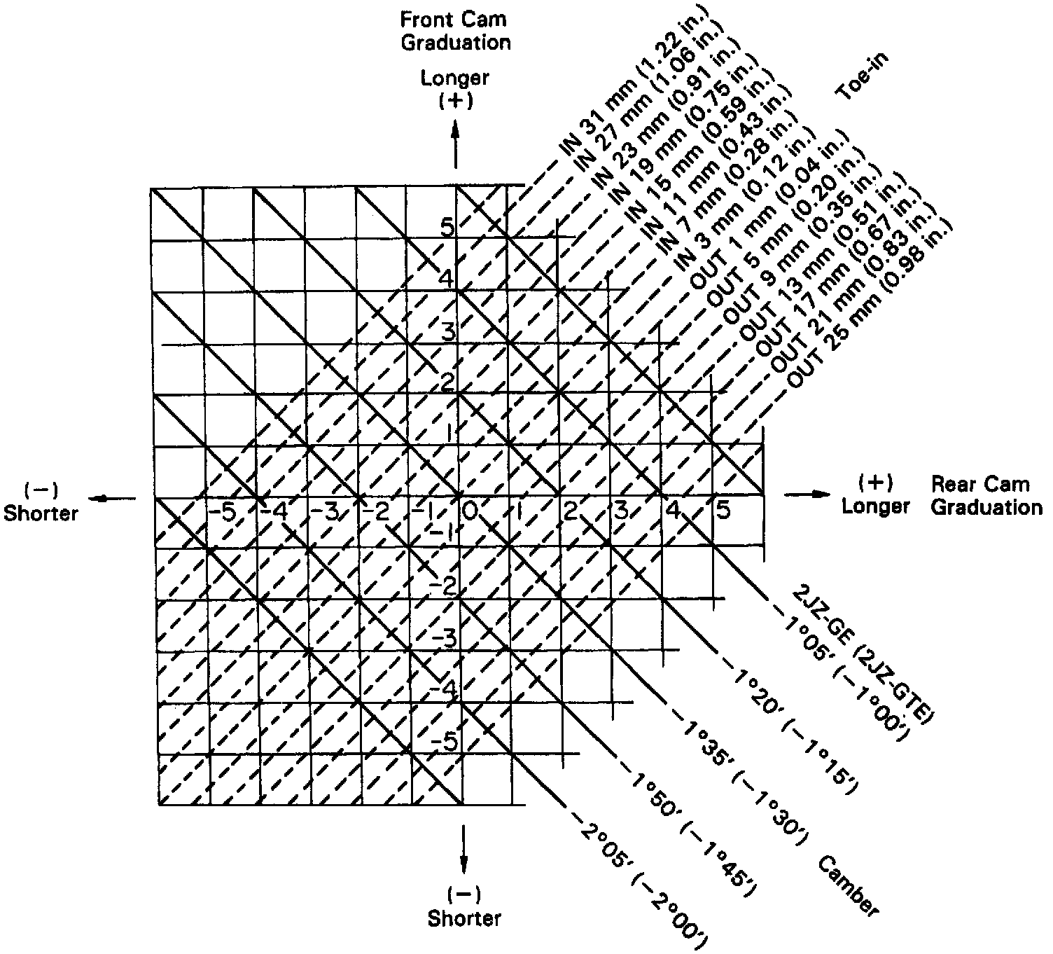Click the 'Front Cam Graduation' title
[x=456, y=31]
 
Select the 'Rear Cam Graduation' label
[x=986, y=495]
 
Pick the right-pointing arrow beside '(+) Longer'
[x=809, y=495]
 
